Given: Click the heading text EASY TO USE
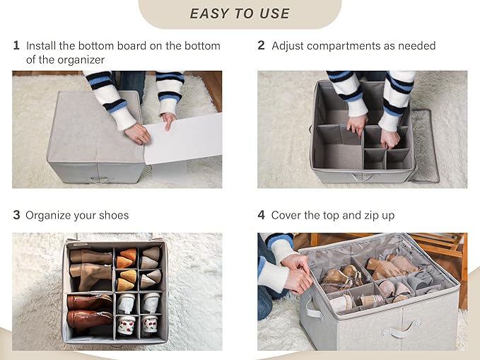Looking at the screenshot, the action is pyautogui.click(x=240, y=13).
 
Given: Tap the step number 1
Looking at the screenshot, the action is pyautogui.click(x=16, y=45).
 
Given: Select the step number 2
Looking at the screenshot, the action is pyautogui.click(x=261, y=45).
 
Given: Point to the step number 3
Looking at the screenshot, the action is pyautogui.click(x=16, y=215).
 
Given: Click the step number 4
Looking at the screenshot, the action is pyautogui.click(x=261, y=215).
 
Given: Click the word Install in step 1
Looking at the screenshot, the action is pyautogui.click(x=41, y=46).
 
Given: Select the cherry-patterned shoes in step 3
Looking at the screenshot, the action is pyautogui.click(x=138, y=325).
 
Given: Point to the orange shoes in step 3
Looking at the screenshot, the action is pyautogui.click(x=127, y=269).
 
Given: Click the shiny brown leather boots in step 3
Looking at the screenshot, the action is pyautogui.click(x=90, y=311).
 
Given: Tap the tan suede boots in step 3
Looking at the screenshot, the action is pyautogui.click(x=90, y=268).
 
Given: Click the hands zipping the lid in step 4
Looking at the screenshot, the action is pyautogui.click(x=296, y=274).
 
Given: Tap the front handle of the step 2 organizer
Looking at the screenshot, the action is pyautogui.click(x=363, y=177).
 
